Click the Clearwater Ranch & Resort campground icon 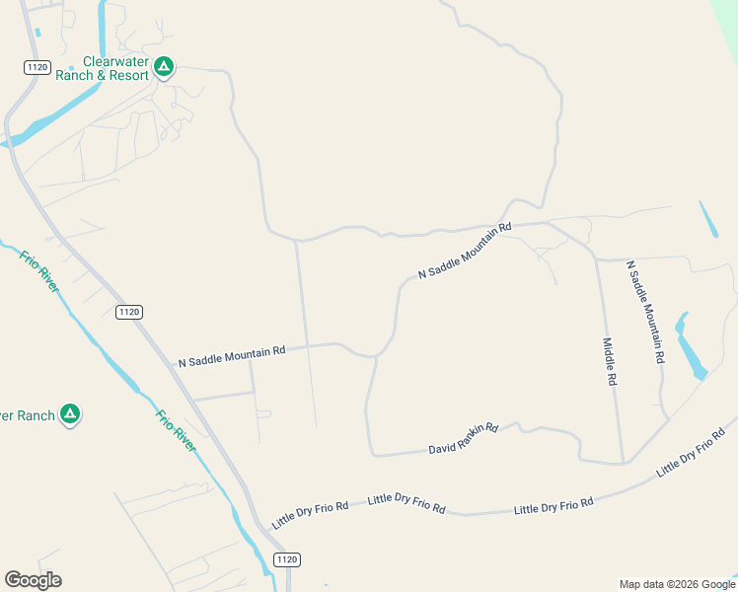[164, 67]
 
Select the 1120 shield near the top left [37, 66]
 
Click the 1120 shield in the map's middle [128, 312]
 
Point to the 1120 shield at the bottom [286, 559]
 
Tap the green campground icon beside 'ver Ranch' [70, 414]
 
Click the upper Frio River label [39, 271]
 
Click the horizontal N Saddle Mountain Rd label [232, 356]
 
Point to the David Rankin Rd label [464, 439]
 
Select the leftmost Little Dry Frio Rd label [311, 514]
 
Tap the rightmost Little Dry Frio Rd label [696, 452]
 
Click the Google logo [33, 580]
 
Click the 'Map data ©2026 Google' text [676, 584]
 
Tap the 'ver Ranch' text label [28, 415]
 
